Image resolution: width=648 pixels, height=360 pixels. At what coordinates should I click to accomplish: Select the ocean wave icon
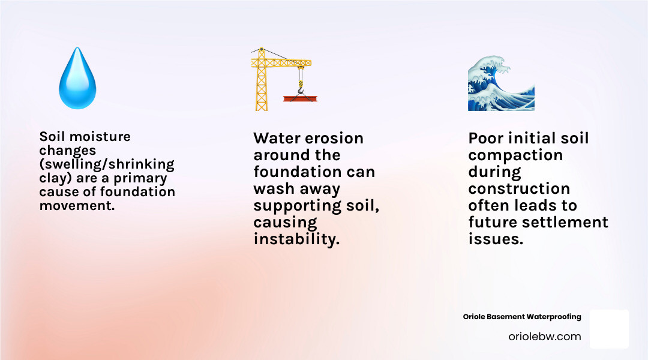[x=501, y=81]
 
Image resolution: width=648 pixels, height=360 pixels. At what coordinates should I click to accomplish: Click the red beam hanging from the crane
[x=301, y=98]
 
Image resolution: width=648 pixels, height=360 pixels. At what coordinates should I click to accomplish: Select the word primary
[x=142, y=178]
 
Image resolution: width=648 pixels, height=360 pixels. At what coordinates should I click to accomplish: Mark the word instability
[x=296, y=239]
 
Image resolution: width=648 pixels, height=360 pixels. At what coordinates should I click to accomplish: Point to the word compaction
[x=515, y=155]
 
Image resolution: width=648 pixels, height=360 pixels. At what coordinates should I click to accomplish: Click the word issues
[x=496, y=239]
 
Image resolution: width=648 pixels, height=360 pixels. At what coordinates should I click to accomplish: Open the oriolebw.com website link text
[x=544, y=337]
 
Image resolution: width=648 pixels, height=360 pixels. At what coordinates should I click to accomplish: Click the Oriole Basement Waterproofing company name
[x=522, y=317]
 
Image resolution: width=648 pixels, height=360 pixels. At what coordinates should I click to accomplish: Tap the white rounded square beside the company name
[x=609, y=329]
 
